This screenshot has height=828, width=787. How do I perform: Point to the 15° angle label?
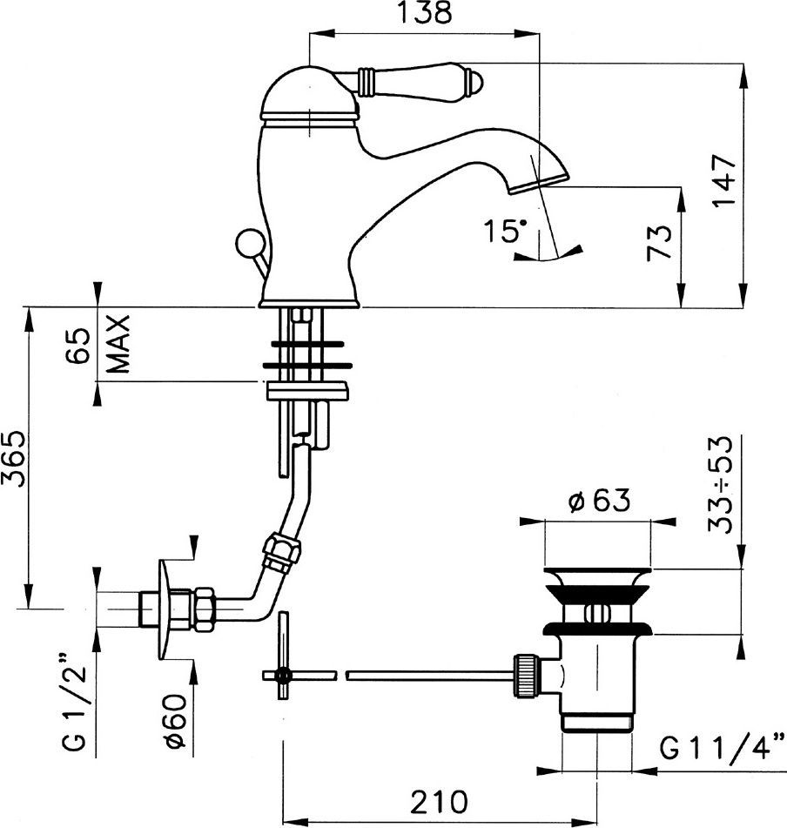(507, 232)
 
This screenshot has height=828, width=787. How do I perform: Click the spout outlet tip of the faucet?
(536, 184)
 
